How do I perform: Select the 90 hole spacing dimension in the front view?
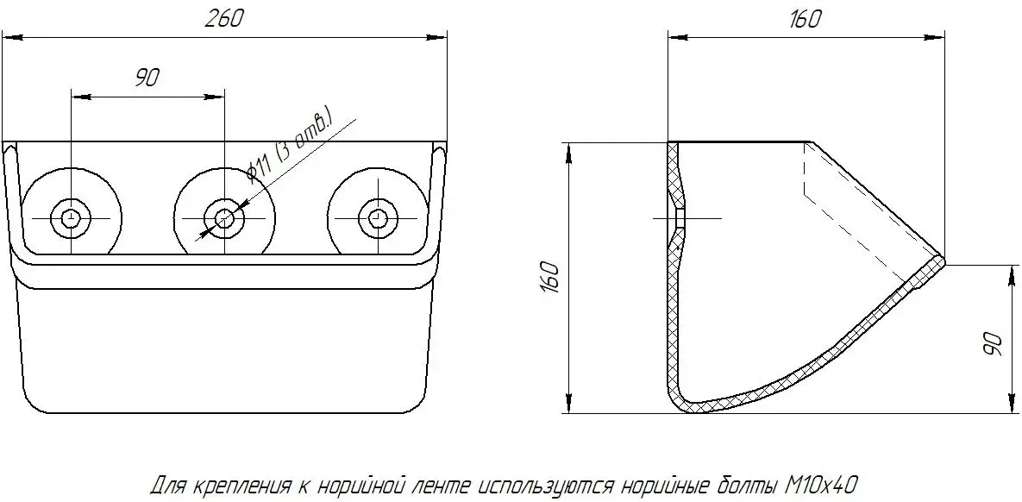(x=147, y=78)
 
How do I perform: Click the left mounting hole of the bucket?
(x=71, y=217)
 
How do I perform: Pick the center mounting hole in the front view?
(x=224, y=217)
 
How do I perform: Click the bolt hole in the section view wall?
(x=679, y=217)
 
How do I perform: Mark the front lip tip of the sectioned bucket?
(x=943, y=258)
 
